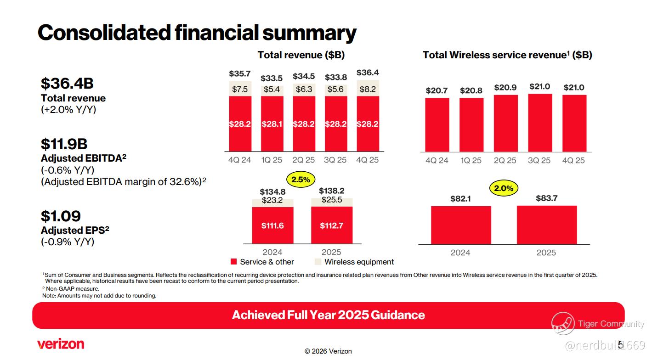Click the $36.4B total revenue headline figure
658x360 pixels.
click(67, 84)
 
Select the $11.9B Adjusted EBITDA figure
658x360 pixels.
click(64, 144)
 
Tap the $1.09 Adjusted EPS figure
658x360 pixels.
click(61, 216)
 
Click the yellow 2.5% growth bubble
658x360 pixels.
click(301, 180)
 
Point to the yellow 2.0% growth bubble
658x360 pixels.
click(504, 188)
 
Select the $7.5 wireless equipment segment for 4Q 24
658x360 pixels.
click(240, 90)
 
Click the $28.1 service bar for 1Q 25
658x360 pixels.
click(272, 124)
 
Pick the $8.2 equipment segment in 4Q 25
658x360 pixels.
click(368, 89)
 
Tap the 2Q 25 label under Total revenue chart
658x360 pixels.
click(304, 160)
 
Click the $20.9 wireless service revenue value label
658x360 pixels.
click(505, 87)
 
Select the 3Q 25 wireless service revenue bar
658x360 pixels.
click(540, 123)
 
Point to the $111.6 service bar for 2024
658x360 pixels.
click(272, 225)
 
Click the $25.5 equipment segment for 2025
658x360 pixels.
click(332, 200)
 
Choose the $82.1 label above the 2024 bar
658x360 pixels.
click(460, 199)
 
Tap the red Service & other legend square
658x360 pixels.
click(233, 262)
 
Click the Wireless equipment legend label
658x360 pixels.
click(359, 262)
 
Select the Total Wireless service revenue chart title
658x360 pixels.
click(507, 55)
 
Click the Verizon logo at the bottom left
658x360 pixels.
click(61, 344)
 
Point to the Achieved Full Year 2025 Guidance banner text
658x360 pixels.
click(328, 315)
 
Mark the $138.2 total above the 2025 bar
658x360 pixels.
click(332, 191)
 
